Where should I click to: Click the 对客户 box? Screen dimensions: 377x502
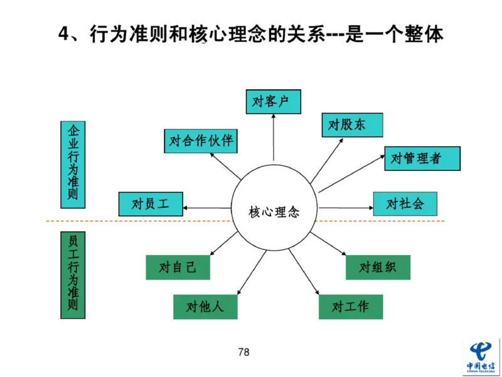(273, 102)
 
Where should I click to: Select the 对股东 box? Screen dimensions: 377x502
(352, 124)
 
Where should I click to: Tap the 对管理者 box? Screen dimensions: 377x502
(422, 158)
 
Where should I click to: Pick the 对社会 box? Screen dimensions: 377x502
(405, 204)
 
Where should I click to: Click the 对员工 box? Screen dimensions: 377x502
(151, 204)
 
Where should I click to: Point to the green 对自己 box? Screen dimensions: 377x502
(178, 268)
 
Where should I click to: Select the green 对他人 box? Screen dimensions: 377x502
(205, 307)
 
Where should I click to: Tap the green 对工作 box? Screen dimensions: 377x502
(350, 307)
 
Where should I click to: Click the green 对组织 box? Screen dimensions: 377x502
(378, 267)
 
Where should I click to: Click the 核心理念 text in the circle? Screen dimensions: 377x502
(274, 212)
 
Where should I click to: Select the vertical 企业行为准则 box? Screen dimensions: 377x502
(73, 165)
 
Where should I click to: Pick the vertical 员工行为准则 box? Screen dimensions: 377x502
(73, 275)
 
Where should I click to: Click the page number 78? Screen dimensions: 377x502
(244, 352)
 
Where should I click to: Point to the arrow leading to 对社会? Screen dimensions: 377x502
(345, 205)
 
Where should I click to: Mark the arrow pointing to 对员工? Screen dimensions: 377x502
(207, 206)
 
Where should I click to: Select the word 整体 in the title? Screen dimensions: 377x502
(425, 34)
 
